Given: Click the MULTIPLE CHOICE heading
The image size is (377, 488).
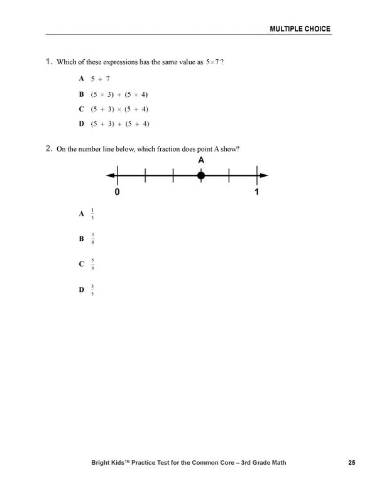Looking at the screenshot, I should [300, 29].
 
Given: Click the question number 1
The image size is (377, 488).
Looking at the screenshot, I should [48, 62].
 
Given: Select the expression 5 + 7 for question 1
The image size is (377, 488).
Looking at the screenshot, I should [101, 79].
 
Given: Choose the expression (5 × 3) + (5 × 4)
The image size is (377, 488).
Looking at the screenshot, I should [119, 94].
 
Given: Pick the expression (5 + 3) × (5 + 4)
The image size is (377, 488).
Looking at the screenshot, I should [119, 109].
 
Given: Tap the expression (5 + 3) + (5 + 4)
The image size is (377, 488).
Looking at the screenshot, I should [119, 124].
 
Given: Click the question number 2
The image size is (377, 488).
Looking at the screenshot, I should [48, 149].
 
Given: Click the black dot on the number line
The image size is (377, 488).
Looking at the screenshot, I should [201, 175].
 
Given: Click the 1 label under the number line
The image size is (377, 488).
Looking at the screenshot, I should [256, 192].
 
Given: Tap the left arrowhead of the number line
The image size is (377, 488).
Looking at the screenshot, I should [111, 175].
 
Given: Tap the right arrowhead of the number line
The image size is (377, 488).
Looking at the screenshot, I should [265, 175].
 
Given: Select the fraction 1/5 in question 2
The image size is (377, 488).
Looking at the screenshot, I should [92, 214].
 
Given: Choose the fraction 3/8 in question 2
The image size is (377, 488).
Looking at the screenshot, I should [92, 238].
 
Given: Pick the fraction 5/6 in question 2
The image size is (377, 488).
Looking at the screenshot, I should [92, 263].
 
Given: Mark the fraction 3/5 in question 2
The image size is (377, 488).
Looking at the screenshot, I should [92, 289].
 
